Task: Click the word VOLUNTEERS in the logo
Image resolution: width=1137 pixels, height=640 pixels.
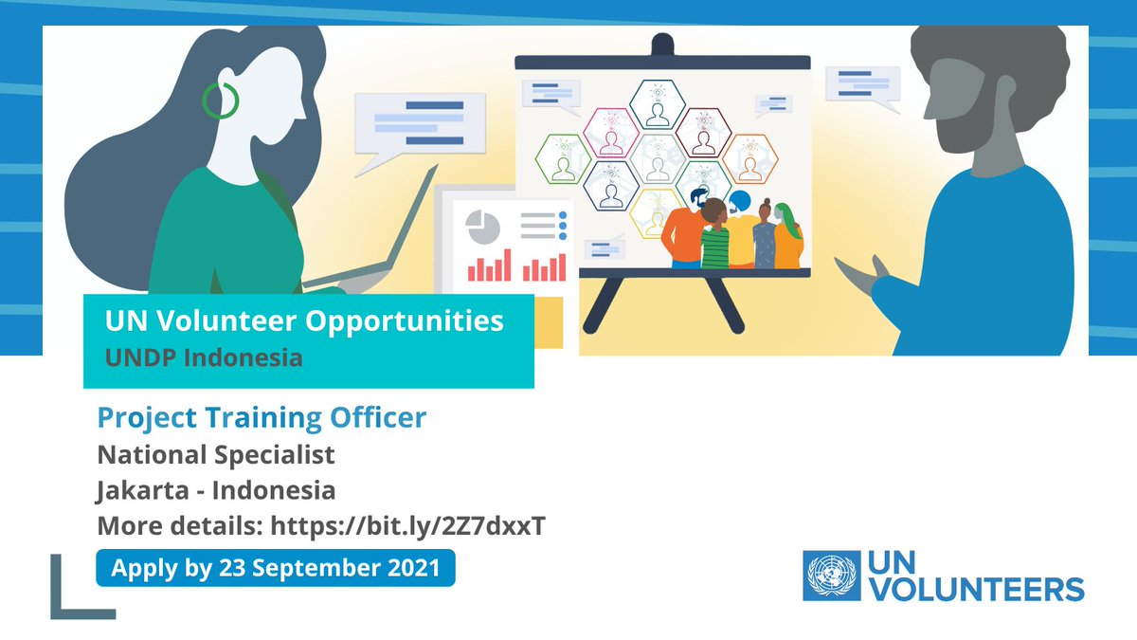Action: tap(976, 590)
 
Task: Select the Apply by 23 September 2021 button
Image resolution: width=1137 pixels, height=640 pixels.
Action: tap(276, 569)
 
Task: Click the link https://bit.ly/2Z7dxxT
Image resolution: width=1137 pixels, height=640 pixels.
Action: tap(407, 526)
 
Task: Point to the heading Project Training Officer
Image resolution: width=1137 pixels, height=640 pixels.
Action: tap(262, 417)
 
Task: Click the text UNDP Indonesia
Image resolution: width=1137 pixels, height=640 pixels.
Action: tap(204, 358)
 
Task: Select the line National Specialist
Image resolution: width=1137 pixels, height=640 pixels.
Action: tap(216, 455)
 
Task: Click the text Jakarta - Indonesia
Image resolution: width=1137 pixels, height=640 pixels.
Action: tap(216, 490)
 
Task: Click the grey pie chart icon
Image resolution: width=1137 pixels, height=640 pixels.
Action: tap(483, 228)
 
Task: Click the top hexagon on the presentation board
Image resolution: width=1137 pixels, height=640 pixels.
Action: tap(656, 104)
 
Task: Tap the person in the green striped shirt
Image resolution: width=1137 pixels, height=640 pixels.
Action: tap(716, 242)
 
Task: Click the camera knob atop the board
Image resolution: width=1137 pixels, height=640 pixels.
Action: tap(661, 44)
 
